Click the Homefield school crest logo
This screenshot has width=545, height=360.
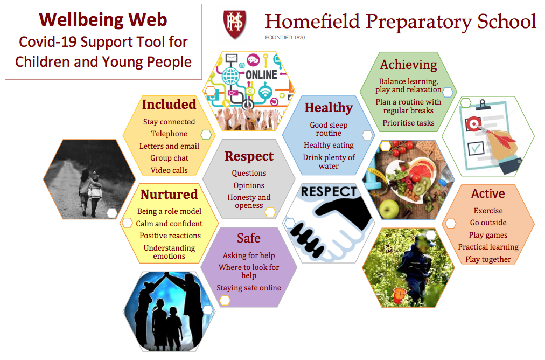(235, 24)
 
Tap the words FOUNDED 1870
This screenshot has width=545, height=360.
(285, 38)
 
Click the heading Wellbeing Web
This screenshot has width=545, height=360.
(103, 19)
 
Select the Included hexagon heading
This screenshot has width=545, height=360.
(169, 105)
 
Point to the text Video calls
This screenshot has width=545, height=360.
(169, 170)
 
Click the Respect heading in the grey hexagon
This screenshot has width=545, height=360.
(249, 156)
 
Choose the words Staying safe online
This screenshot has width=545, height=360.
(249, 288)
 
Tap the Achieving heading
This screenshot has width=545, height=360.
(408, 65)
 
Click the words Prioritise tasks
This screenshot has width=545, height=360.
(408, 123)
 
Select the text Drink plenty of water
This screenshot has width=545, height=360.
(329, 162)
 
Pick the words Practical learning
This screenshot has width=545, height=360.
(488, 247)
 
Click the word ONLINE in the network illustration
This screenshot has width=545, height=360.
(261, 75)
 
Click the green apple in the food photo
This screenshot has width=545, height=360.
(389, 208)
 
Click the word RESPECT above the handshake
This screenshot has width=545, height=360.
(329, 192)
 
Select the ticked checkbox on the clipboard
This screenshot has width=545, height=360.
(476, 148)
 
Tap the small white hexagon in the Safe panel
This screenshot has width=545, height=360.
(225, 301)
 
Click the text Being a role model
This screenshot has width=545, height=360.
(169, 211)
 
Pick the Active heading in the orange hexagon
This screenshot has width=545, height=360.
(488, 193)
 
